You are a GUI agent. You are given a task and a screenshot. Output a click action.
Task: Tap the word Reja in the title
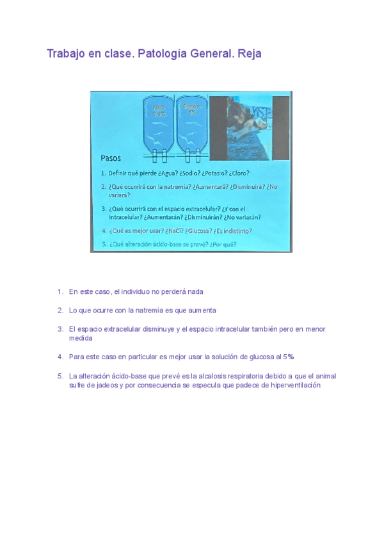tap(249, 54)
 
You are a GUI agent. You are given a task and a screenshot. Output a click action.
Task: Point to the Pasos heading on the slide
tap(111, 158)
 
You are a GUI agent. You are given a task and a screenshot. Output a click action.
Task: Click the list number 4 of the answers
tap(60, 357)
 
